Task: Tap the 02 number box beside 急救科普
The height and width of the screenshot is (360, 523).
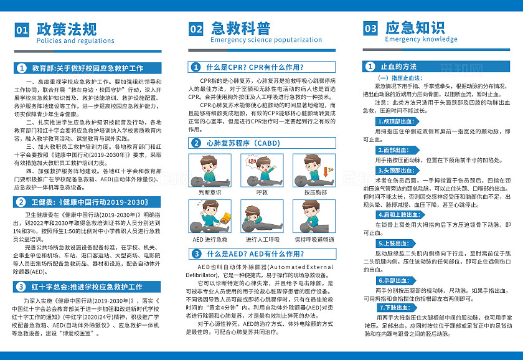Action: click(196, 29)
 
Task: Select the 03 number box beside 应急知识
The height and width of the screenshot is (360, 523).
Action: click(370, 29)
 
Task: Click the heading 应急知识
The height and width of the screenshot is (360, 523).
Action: click(415, 27)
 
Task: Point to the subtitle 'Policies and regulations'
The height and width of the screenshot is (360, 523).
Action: click(75, 41)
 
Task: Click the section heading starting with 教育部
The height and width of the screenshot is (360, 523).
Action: click(88, 68)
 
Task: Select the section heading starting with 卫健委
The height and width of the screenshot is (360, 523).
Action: click(88, 202)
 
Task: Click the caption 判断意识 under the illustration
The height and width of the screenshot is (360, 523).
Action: click(210, 193)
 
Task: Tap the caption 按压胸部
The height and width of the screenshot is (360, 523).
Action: click(314, 193)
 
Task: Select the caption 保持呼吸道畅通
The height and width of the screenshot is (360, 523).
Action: click(314, 239)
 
